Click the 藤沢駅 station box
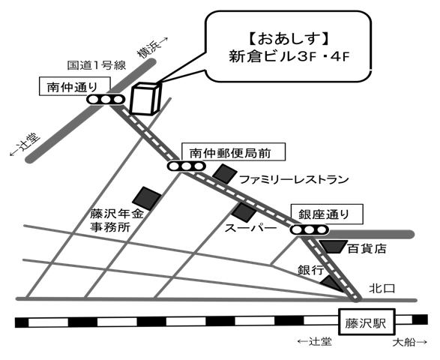(x=367, y=322)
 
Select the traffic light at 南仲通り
(x=106, y=100)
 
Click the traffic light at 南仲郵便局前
(x=187, y=166)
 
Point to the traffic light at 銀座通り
(x=310, y=229)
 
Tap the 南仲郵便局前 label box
(x=233, y=152)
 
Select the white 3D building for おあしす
(x=145, y=98)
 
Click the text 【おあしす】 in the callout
(x=289, y=39)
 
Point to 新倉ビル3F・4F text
(x=289, y=57)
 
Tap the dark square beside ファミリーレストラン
(x=225, y=174)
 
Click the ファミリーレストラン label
(x=294, y=179)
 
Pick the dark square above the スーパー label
(x=244, y=212)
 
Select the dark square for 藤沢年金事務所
(x=147, y=198)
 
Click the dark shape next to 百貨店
(x=334, y=247)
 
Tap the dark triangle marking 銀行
(x=331, y=283)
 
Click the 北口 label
(x=382, y=289)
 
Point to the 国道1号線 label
(x=97, y=65)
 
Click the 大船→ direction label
(x=410, y=342)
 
